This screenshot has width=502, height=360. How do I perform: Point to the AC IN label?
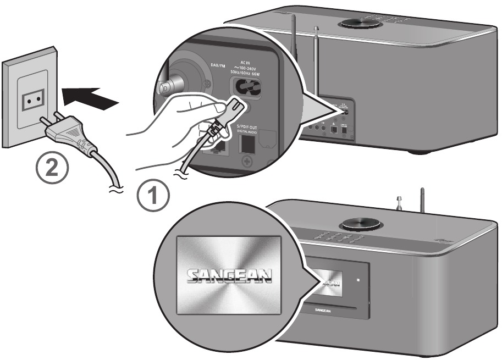point(245,63)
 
